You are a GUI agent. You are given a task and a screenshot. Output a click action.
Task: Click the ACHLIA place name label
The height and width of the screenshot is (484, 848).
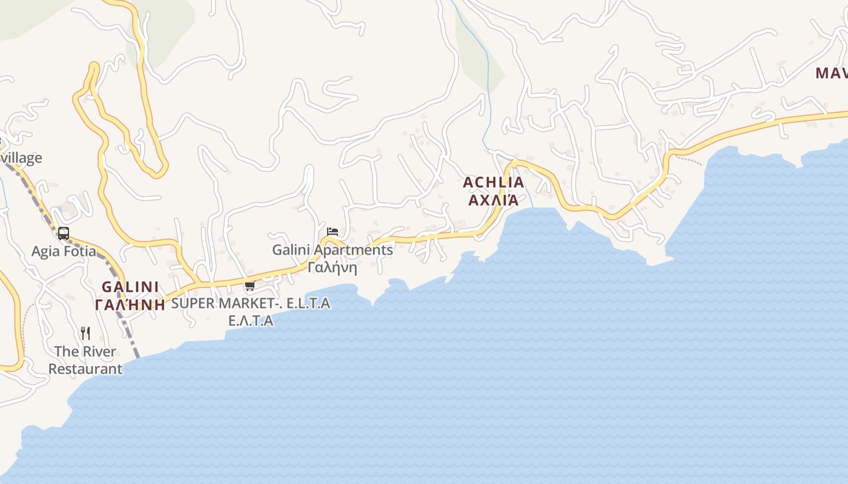pyautogui.click(x=493, y=182)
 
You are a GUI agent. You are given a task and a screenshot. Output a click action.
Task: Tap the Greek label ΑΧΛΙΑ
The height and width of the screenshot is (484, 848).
pyautogui.click(x=493, y=200)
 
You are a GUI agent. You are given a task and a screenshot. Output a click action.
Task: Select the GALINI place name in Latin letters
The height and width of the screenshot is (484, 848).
pyautogui.click(x=130, y=287)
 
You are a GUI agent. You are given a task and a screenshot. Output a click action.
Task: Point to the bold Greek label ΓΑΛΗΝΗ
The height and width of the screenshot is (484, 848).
pyautogui.click(x=130, y=304)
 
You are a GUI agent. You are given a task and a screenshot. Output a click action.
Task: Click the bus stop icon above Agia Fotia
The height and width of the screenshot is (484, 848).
pyautogui.click(x=63, y=233)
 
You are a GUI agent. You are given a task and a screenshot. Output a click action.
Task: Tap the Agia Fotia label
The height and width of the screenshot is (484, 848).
pyautogui.click(x=64, y=251)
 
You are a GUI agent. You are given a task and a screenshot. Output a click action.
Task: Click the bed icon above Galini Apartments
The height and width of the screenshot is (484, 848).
pyautogui.click(x=332, y=231)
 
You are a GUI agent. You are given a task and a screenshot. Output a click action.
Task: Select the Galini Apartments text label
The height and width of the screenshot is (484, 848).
pyautogui.click(x=332, y=249)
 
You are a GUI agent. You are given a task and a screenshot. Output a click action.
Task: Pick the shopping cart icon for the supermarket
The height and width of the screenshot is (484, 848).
pyautogui.click(x=250, y=286)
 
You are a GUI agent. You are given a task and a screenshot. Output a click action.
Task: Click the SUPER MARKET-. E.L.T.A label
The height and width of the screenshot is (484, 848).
pyautogui.click(x=251, y=303)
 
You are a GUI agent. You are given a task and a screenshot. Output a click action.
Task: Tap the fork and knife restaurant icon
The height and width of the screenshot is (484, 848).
pyautogui.click(x=85, y=333)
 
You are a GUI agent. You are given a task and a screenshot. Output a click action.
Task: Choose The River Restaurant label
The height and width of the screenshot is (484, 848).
pyautogui.click(x=85, y=360)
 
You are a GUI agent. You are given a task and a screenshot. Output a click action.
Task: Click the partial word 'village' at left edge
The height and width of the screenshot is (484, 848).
pyautogui.click(x=22, y=158)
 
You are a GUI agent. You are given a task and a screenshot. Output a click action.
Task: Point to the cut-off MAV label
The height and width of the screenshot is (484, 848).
pyautogui.click(x=831, y=73)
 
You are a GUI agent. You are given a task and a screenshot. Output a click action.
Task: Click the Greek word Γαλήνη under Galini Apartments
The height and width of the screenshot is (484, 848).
pyautogui.click(x=332, y=267)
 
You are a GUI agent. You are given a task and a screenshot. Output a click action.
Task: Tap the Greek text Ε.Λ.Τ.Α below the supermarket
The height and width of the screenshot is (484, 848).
pyautogui.click(x=251, y=321)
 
